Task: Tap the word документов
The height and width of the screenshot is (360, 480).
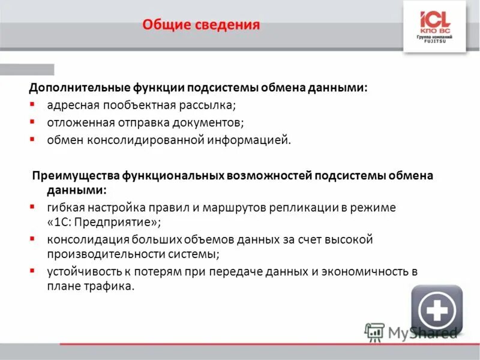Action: click(206, 122)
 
